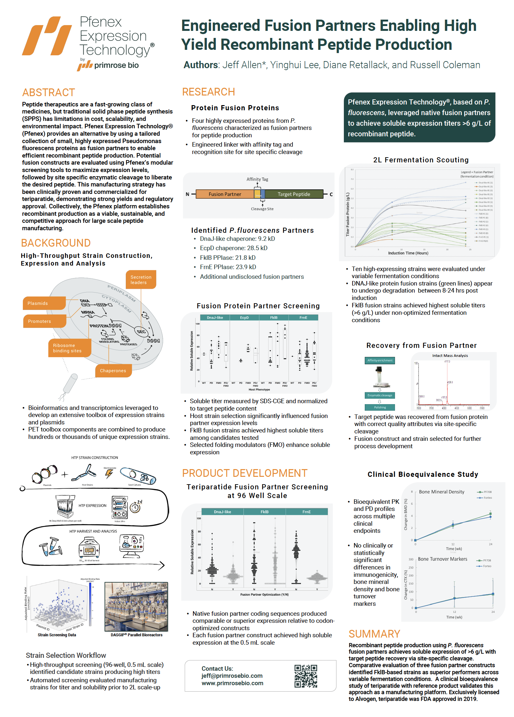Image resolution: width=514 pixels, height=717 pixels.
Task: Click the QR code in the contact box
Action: [305, 676]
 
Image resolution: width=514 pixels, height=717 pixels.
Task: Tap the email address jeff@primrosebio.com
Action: [232, 676]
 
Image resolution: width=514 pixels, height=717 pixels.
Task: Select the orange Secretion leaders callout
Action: [141, 279]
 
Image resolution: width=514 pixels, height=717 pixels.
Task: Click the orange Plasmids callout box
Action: [44, 303]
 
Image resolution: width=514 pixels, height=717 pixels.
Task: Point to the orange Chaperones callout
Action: [113, 371]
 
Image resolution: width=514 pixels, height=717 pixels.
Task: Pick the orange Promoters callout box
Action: [44, 321]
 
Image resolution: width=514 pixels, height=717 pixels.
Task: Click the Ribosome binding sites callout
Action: [69, 348]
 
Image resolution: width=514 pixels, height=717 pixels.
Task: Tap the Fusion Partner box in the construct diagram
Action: [225, 194]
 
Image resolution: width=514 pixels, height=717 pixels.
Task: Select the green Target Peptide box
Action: [294, 194]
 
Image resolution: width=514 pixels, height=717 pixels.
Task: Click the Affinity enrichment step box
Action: [380, 360]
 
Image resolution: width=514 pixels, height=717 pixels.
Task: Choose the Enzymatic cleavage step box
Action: [380, 395]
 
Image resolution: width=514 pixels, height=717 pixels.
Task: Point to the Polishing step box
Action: [380, 407]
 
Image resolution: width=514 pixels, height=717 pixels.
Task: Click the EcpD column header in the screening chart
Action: [244, 318]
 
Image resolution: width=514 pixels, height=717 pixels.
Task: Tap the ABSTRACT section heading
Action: [49, 93]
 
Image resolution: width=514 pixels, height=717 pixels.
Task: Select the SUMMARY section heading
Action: [374, 634]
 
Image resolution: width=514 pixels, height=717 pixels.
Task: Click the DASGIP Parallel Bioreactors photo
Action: [136, 606]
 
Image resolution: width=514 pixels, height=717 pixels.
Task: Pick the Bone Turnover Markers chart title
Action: [442, 559]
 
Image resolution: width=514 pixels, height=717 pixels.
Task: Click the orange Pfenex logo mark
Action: [47, 36]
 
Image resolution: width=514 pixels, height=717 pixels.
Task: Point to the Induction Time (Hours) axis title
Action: [408, 253]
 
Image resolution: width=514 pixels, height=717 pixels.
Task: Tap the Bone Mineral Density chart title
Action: [441, 492]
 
